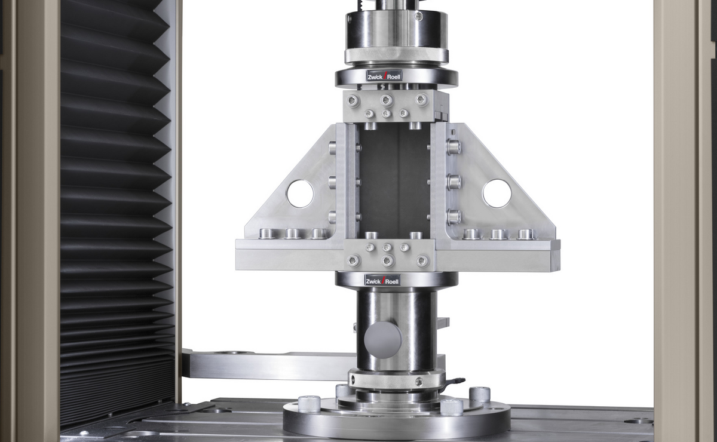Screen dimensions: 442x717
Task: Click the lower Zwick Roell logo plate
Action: pyautogui.click(x=382, y=280)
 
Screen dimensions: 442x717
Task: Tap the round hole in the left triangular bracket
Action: pyautogui.click(x=300, y=194)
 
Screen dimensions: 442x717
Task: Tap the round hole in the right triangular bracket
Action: pyautogui.click(x=497, y=194)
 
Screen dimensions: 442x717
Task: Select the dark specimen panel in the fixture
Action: pyautogui.click(x=394, y=179)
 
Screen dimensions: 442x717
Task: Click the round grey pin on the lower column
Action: pyautogui.click(x=382, y=340)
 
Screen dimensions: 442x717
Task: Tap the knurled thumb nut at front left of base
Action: pyautogui.click(x=310, y=404)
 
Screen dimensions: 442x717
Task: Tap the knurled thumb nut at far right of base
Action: pyautogui.click(x=480, y=394)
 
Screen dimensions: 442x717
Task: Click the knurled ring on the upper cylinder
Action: pyautogui.click(x=396, y=55)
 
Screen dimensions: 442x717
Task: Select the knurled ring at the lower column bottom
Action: pyautogui.click(x=396, y=379)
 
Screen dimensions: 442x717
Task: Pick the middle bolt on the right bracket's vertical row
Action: pyautogui.click(x=454, y=181)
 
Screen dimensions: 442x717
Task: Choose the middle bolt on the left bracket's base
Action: pyautogui.click(x=293, y=234)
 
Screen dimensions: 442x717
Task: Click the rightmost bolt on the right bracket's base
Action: pyautogui.click(x=525, y=234)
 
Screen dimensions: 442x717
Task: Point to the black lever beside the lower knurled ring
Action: pyautogui.click(x=455, y=381)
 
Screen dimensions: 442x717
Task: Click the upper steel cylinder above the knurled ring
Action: pyautogui.click(x=396, y=27)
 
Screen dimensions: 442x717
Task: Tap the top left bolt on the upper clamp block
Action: pyautogui.click(x=354, y=100)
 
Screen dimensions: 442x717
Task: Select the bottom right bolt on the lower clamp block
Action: pyautogui.click(x=422, y=261)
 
